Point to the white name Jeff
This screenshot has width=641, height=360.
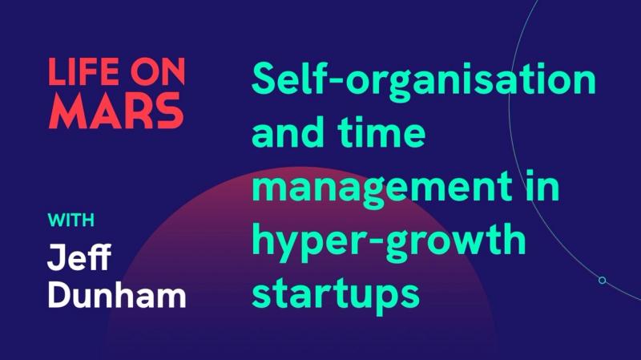(x=79, y=258)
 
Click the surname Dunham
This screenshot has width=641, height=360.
(x=116, y=295)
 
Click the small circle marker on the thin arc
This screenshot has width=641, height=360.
(x=602, y=280)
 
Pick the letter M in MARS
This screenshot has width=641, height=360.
(x=67, y=113)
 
